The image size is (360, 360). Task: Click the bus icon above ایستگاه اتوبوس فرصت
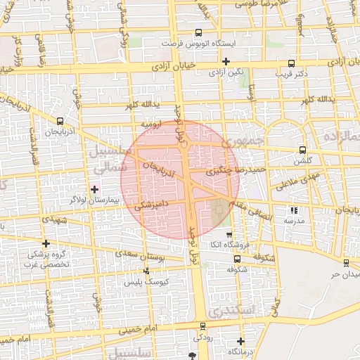coord(198,32)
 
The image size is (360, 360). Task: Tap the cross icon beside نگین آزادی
coord(225,63)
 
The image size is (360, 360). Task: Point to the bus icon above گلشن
coord(302,149)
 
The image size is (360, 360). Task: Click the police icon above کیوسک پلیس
coord(146,271)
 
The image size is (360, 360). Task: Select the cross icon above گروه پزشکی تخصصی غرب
coord(46,243)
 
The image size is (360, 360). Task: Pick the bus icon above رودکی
coord(203,326)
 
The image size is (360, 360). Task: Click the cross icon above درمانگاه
coord(240,340)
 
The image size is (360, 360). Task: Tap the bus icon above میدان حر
coord(346,262)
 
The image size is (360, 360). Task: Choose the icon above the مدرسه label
coord(294,210)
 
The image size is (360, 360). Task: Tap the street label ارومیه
coord(152,124)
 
